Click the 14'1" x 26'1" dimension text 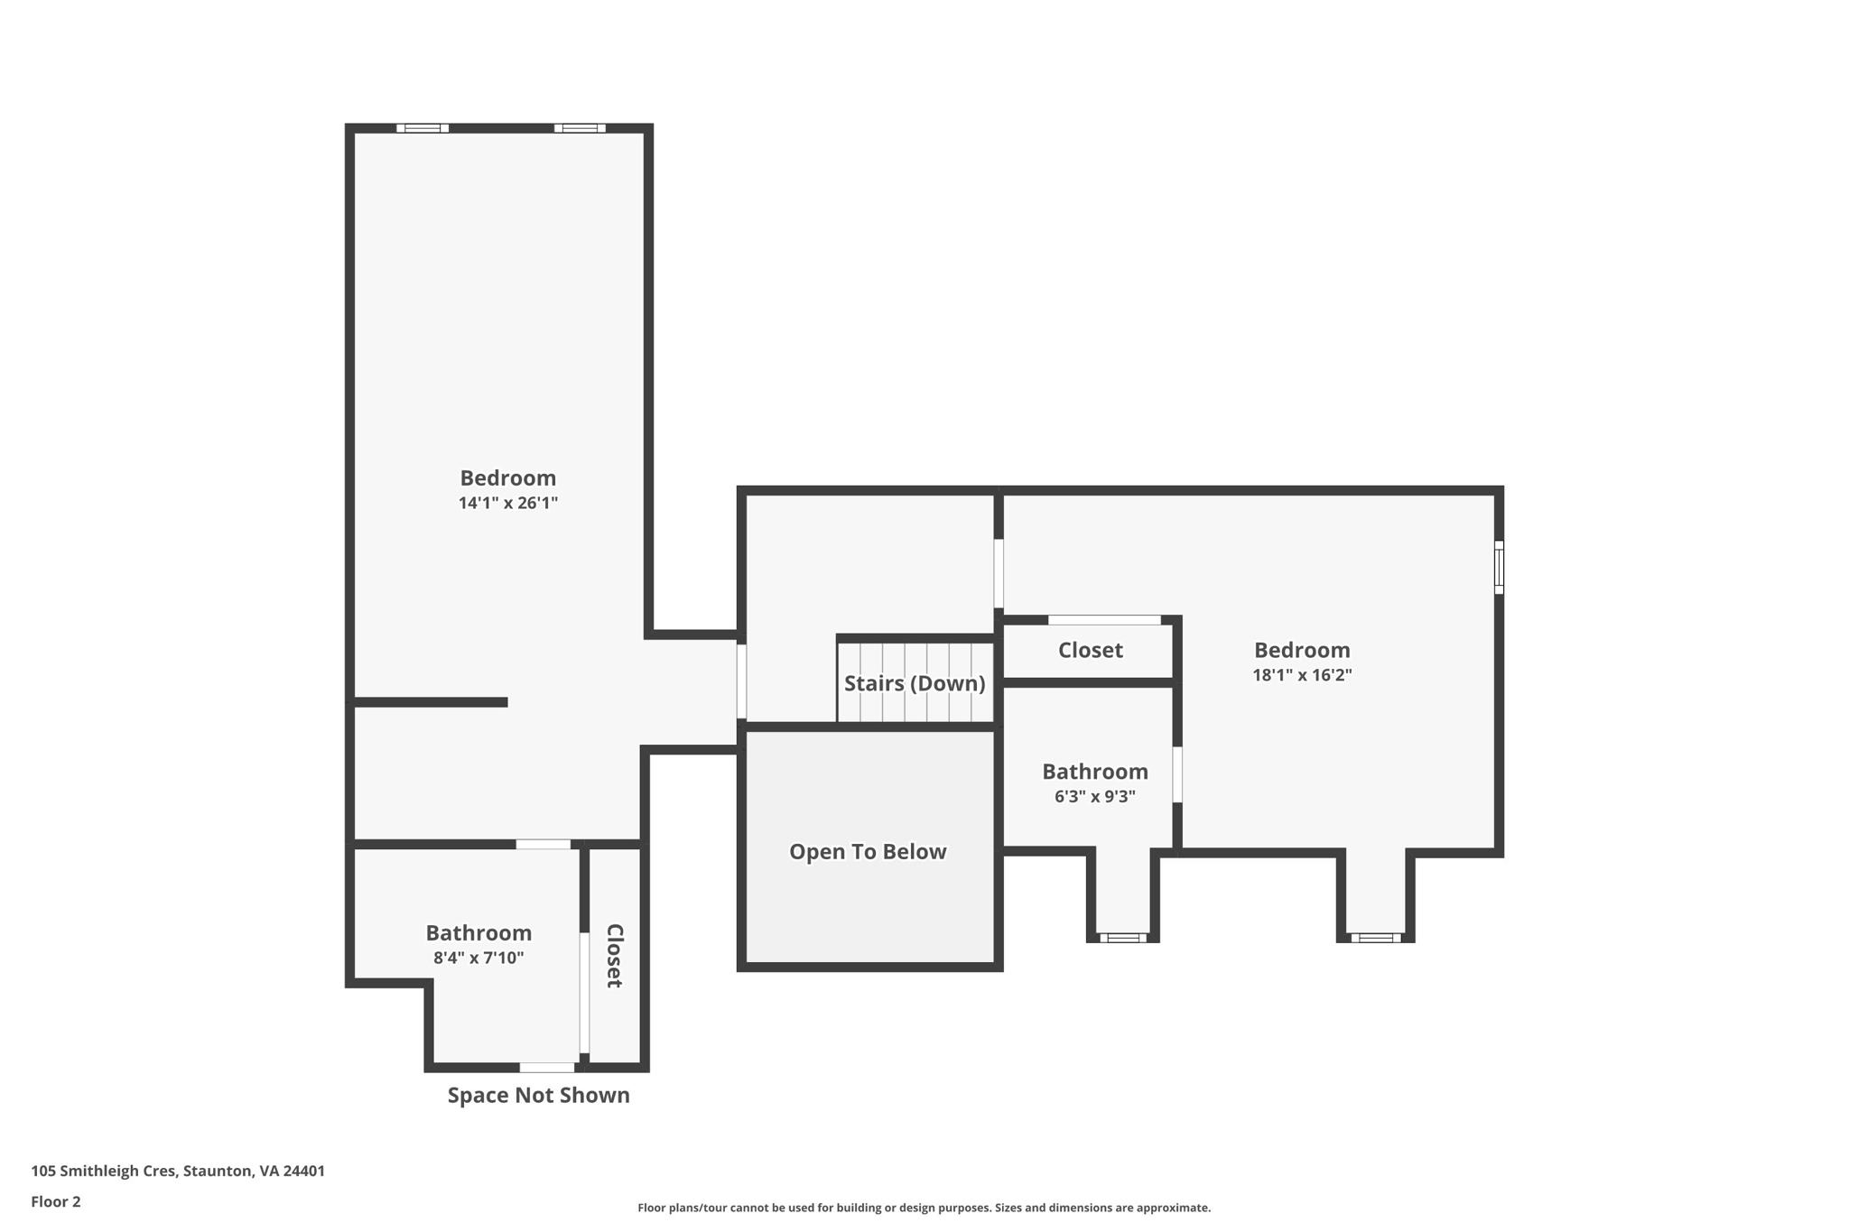(x=507, y=504)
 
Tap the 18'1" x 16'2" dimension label (x=1301, y=675)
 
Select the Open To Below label (x=867, y=852)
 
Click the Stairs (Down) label (x=914, y=683)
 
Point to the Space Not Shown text (x=538, y=1096)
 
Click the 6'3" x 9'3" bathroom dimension (x=1094, y=797)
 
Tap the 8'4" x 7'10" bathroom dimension (x=478, y=959)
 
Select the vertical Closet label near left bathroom (x=614, y=956)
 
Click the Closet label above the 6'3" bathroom (x=1090, y=651)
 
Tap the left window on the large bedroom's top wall (x=422, y=128)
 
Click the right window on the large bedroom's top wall (x=580, y=128)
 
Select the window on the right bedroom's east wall (x=1499, y=568)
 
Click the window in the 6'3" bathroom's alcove (x=1122, y=938)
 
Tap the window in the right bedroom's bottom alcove (x=1375, y=938)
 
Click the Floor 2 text (x=56, y=1202)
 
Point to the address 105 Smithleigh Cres (x=178, y=1172)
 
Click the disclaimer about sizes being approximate (x=923, y=1208)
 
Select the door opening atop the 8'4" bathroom (x=543, y=845)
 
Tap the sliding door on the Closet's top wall (x=1103, y=620)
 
